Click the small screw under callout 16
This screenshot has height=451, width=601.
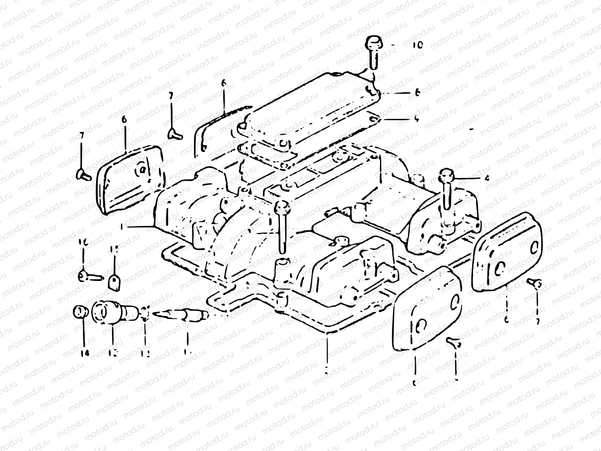click(x=90, y=276)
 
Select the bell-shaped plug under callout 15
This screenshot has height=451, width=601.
click(x=114, y=282)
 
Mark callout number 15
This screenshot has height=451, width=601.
click(x=114, y=249)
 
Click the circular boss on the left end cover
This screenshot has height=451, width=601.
click(x=142, y=170)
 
